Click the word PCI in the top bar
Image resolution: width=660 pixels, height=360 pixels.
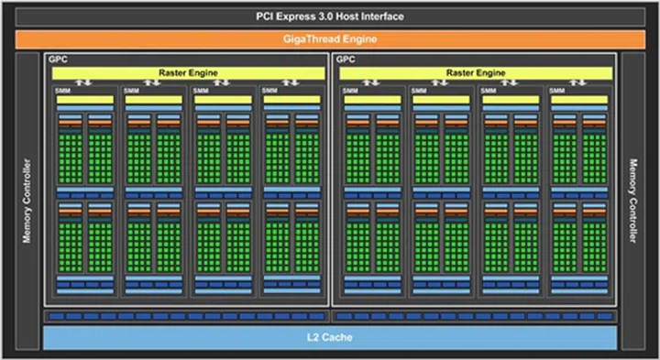click(264, 16)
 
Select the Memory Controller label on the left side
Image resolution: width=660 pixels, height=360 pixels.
click(27, 201)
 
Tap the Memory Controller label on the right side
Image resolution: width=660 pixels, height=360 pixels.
click(632, 201)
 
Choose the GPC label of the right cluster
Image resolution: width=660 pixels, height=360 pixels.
click(346, 60)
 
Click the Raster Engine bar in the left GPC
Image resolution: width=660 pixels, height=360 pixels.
click(188, 71)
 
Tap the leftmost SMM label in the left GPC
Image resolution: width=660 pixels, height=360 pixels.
click(61, 91)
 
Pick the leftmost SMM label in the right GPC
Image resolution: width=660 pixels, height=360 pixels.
click(350, 91)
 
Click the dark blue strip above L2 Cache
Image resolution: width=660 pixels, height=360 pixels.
click(330, 315)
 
